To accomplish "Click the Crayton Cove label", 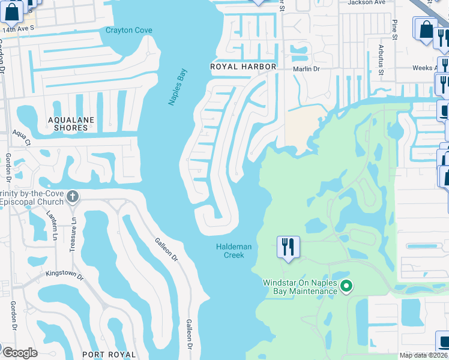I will (129, 30).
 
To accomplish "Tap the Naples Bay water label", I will (177, 87).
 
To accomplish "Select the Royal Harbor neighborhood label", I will (243, 67).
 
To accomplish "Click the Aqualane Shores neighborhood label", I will (71, 124).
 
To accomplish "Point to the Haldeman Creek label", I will (234, 251).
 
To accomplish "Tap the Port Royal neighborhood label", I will (107, 354).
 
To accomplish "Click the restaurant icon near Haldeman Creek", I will (288, 247).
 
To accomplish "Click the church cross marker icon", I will (73, 196).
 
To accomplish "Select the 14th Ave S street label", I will (16, 29).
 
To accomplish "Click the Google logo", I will (20, 352).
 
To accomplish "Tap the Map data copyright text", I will (424, 355).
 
